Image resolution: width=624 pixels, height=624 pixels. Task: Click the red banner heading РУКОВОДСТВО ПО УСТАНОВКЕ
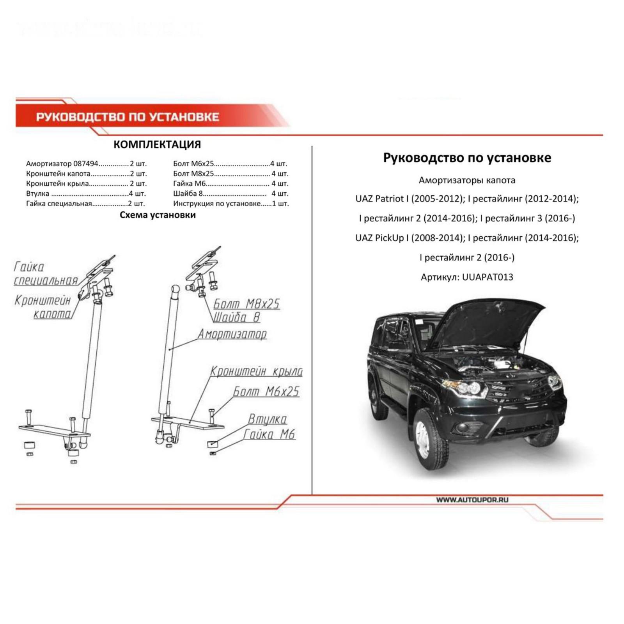[x=128, y=117]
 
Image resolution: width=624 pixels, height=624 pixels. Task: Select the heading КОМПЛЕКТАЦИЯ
[x=157, y=144]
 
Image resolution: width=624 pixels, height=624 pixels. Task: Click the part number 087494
[x=86, y=163]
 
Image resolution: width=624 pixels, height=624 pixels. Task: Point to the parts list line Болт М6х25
[x=230, y=163]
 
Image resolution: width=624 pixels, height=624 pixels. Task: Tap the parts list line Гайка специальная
[x=85, y=203]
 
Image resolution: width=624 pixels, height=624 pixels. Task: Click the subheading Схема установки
[x=158, y=215]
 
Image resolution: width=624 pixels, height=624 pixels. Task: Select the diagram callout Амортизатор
[x=232, y=334]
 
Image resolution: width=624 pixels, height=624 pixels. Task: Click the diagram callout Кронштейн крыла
[x=256, y=371]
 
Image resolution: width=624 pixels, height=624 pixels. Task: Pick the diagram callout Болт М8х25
[x=246, y=304]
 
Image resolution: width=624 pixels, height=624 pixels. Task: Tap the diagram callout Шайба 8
[x=236, y=317]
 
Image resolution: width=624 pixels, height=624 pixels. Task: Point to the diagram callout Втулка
[x=268, y=419]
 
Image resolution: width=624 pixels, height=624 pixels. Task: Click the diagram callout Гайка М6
[x=269, y=434]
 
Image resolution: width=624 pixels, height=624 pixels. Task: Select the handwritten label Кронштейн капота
[x=43, y=307]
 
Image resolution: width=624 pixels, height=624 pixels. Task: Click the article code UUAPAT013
[x=487, y=277]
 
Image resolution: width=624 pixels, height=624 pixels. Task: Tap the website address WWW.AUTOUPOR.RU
[x=472, y=500]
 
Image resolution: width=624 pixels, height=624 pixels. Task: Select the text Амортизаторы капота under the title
[x=467, y=180]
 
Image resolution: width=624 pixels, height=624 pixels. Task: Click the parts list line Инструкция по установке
[x=231, y=203]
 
